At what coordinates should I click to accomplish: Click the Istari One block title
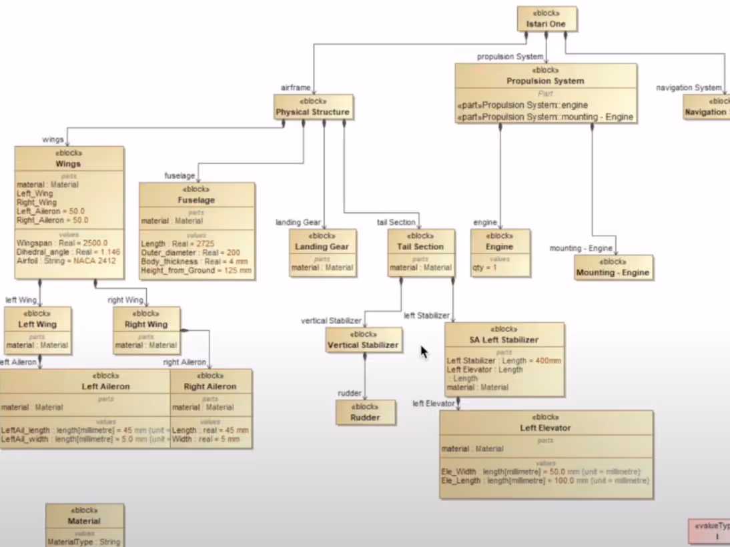click(x=546, y=24)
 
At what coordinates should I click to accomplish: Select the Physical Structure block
click(x=312, y=107)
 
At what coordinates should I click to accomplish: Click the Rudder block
click(x=365, y=412)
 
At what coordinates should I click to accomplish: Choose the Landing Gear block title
click(x=322, y=247)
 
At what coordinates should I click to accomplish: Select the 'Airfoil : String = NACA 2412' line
click(x=66, y=261)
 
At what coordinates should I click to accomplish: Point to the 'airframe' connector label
click(x=296, y=87)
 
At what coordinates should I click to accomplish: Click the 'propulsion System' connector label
click(x=510, y=57)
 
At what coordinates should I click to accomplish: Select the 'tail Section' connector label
click(x=396, y=222)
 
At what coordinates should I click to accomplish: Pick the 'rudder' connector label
click(x=350, y=394)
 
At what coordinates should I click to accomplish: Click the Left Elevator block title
click(x=545, y=428)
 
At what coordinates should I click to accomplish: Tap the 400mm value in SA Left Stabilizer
click(x=548, y=361)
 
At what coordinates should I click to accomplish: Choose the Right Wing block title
click(x=146, y=325)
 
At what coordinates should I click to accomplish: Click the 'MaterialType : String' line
click(x=83, y=542)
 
